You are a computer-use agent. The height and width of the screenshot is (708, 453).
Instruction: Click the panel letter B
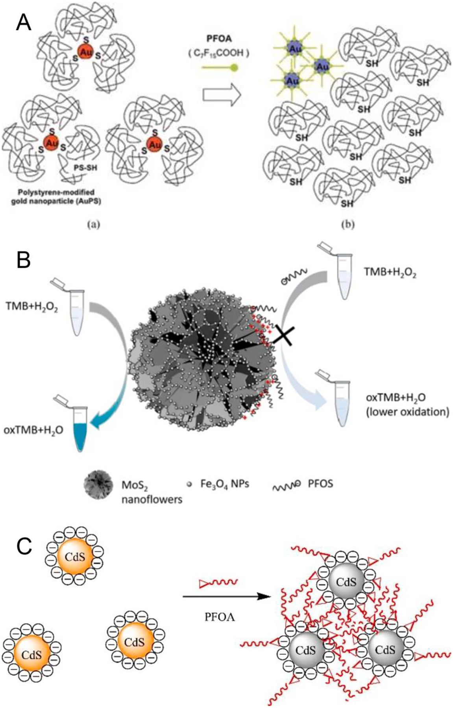click(x=24, y=260)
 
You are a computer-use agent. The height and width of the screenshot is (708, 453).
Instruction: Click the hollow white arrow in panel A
click(x=221, y=96)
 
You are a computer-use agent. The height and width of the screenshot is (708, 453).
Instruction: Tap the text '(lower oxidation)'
click(x=407, y=412)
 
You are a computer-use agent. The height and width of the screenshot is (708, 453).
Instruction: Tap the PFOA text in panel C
click(x=220, y=617)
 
